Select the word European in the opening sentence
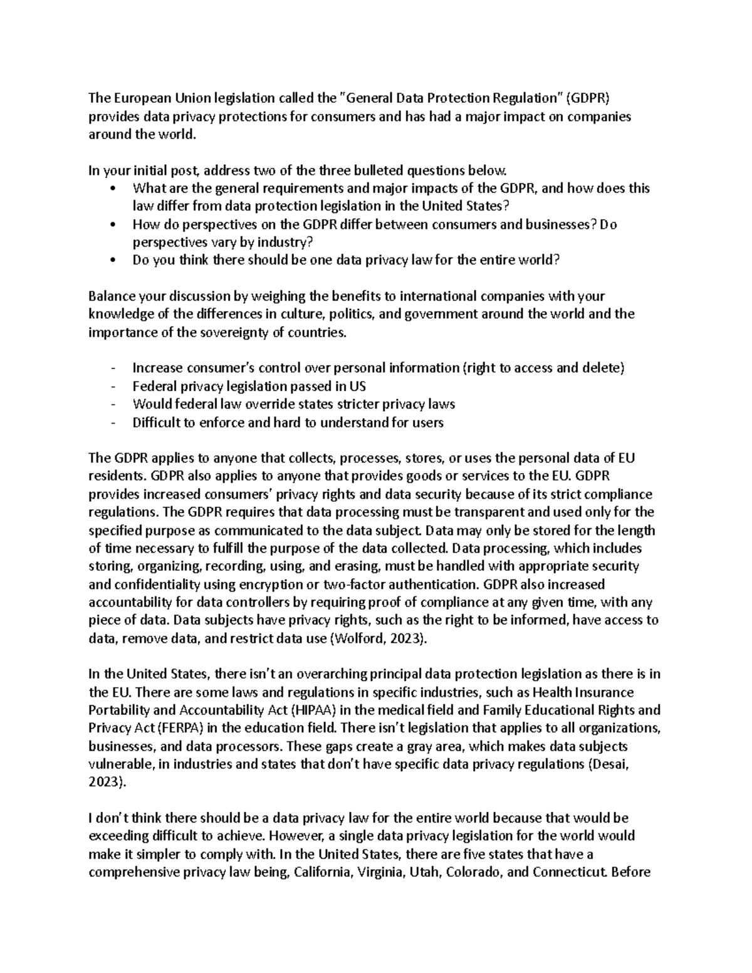[x=135, y=98]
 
